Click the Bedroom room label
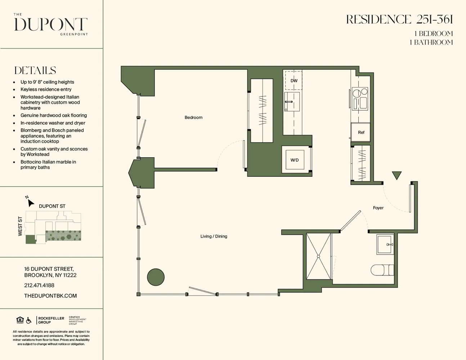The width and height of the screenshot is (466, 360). (193, 117)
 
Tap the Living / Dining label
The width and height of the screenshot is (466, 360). (214, 236)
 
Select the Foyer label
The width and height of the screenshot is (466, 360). (378, 208)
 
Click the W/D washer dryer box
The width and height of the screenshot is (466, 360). (295, 160)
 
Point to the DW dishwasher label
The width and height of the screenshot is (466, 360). (294, 81)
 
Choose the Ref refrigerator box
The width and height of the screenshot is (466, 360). (361, 132)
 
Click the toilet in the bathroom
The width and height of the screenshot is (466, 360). (382, 270)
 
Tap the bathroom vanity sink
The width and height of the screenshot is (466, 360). (385, 244)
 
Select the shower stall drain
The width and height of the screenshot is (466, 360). (318, 256)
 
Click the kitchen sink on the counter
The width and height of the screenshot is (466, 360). (292, 102)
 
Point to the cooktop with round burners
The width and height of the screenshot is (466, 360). (360, 98)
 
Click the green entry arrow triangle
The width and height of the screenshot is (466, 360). (396, 176)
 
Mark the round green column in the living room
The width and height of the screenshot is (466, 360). (156, 277)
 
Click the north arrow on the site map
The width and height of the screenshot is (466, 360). (31, 203)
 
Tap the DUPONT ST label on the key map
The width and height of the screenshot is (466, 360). (52, 206)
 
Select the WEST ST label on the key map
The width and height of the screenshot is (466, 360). (20, 226)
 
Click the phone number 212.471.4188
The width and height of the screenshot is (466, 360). (39, 285)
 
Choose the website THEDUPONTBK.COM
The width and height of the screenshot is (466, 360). (50, 296)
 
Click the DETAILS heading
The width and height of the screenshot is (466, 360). (35, 70)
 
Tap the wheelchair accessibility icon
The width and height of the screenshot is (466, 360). (29, 320)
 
